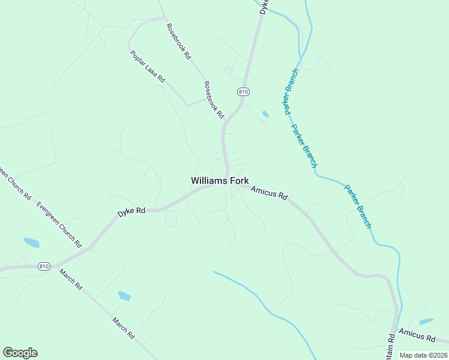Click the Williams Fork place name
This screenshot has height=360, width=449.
pos(220,180)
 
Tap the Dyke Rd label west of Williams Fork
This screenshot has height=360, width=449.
pos(131,211)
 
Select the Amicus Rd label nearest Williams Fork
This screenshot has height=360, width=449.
pos(270,193)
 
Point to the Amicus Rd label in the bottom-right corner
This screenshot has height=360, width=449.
pos(416,335)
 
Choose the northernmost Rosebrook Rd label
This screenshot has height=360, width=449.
pos(178,41)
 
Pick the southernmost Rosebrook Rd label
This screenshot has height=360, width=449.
pos(213,99)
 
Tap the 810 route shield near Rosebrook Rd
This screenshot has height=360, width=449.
pos(243,92)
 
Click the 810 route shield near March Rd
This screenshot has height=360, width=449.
pos(43,266)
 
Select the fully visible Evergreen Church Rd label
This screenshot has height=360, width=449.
pos(58,224)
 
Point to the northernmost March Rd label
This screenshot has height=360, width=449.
pos(70,280)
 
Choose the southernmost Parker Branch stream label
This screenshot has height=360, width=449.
pos(358,206)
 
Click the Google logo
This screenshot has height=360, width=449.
pos(20,353)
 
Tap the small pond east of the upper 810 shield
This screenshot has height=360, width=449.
pos(265,114)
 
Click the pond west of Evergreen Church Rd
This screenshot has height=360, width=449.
pos(31,242)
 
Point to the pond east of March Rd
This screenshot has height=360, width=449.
pos(124,295)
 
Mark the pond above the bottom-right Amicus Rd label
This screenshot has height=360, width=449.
pos(426,322)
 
